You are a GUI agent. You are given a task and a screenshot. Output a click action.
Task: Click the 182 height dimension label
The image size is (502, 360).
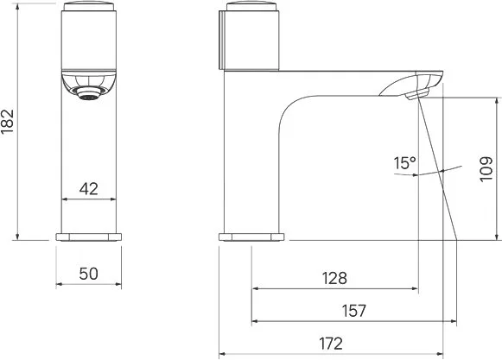(7, 121)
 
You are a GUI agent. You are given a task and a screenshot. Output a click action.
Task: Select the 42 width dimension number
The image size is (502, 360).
(89, 189)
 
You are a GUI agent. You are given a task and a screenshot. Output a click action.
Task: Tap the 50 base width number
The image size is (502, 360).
(88, 274)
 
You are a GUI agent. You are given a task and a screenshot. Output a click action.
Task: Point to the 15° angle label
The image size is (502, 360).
(404, 163)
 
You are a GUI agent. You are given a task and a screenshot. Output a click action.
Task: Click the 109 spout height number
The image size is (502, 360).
(486, 169)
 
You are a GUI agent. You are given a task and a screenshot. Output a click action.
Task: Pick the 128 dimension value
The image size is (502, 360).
(334, 278)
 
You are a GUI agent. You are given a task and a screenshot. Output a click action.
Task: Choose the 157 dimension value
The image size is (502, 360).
(353, 311)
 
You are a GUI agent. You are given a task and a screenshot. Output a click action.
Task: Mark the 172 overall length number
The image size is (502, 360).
(331, 344)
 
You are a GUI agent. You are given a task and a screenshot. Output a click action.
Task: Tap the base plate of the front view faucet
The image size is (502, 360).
(89, 237)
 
